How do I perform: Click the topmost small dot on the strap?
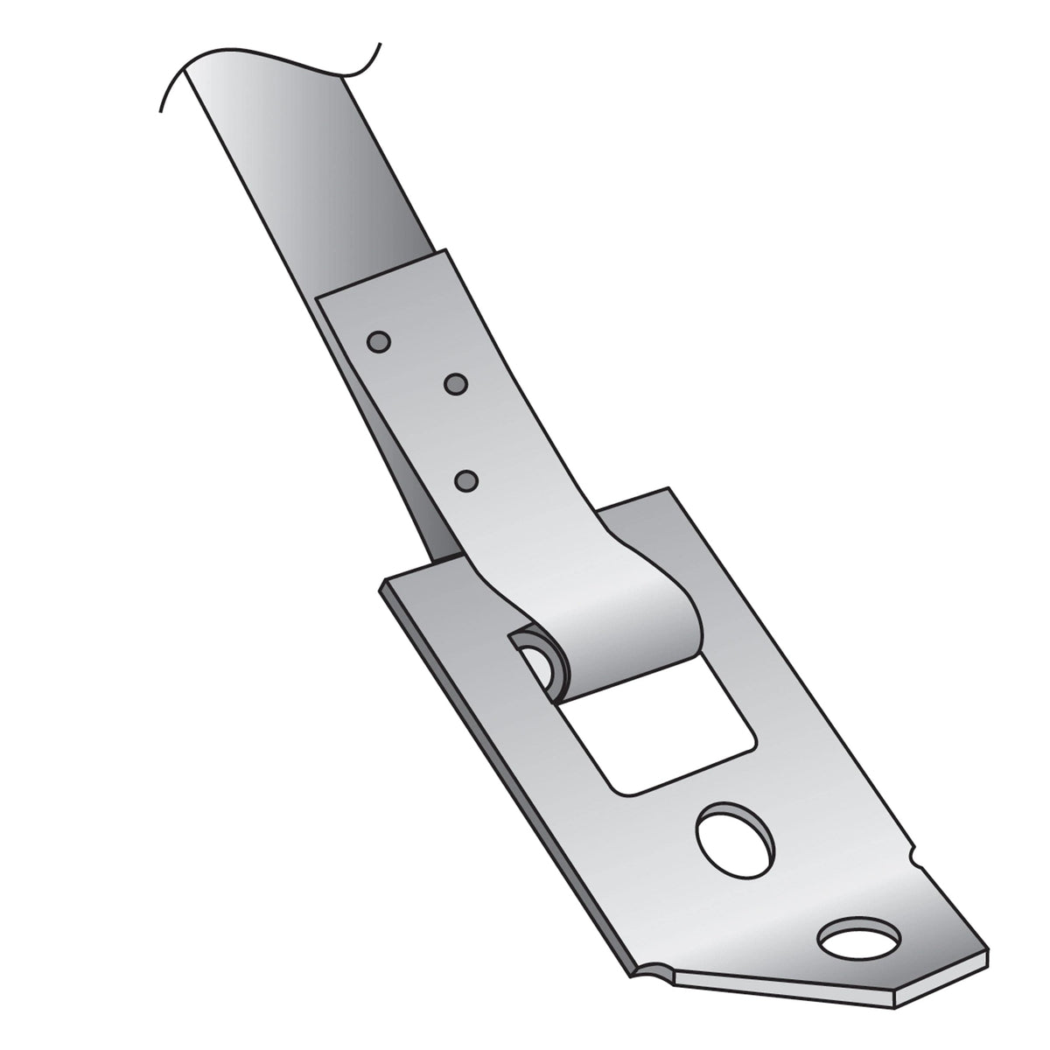378,341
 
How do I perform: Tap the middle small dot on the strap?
456,383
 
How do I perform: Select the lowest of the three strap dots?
467,480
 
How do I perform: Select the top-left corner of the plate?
382,580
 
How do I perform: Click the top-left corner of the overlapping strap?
316,295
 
